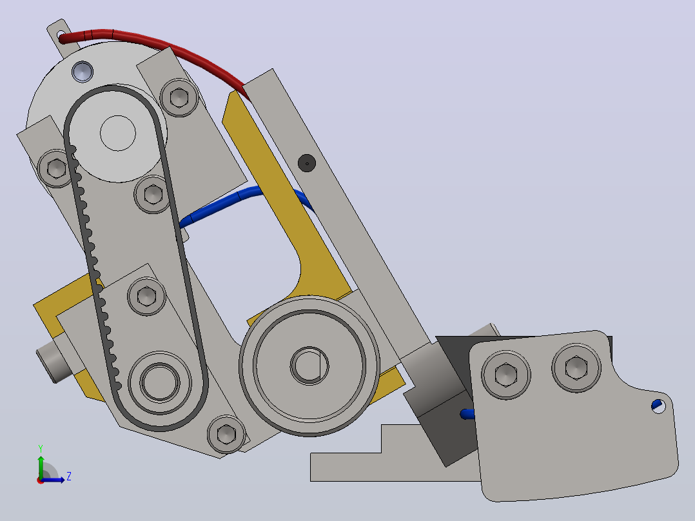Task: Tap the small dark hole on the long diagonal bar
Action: (307, 163)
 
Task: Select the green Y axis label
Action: (41, 449)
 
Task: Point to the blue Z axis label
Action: (69, 477)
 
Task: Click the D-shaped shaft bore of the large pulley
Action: (309, 366)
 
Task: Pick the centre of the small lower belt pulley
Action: (160, 382)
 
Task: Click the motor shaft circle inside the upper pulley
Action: (118, 133)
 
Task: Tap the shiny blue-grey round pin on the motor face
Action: (83, 72)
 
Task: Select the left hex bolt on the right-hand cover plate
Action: (505, 375)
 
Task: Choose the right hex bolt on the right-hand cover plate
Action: (576, 368)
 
